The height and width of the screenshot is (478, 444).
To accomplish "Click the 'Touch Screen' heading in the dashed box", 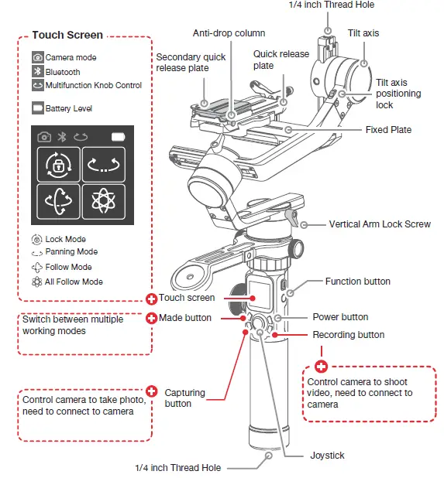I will [67, 36].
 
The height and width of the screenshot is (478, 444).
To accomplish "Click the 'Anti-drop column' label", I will [229, 33].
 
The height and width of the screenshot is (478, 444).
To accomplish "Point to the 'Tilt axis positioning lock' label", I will [398, 94].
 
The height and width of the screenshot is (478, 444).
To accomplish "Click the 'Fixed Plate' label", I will [388, 129].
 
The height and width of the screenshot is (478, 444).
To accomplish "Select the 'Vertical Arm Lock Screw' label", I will [380, 224].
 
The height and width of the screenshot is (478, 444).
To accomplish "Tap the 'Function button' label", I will [357, 282].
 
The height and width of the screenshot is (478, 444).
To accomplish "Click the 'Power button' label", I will [340, 317].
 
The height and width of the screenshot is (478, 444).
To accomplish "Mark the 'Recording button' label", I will [348, 335].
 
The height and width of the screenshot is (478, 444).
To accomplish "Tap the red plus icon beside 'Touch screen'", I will [151, 299].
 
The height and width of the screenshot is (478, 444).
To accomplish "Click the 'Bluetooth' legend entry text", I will [63, 72].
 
